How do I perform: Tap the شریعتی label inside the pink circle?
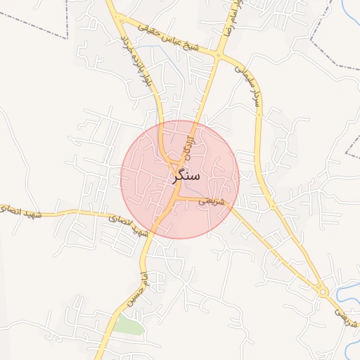coord(211,201)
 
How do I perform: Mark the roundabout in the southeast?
coord(323,290)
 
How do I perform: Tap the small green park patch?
coord(129,326)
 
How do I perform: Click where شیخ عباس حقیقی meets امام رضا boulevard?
coord(219,56)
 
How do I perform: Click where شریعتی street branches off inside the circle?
coord(177,198)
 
